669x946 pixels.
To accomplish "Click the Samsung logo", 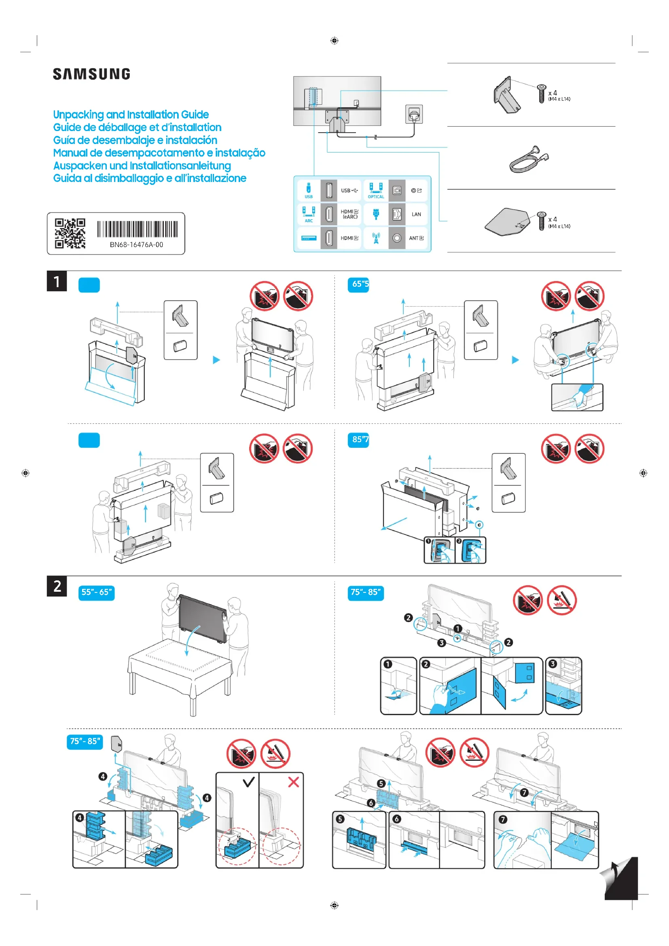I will [x=91, y=74].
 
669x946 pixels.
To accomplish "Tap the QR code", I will [x=70, y=233].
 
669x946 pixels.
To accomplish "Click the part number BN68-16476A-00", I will [x=136, y=245].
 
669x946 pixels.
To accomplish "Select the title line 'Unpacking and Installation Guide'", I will [x=131, y=114].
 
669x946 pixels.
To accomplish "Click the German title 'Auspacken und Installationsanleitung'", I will [x=142, y=166].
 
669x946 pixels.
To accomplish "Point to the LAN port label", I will [x=416, y=214].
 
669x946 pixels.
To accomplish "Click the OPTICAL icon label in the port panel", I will [x=376, y=197].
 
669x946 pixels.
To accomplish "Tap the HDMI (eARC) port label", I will [x=349, y=214].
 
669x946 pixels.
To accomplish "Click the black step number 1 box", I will [x=57, y=281].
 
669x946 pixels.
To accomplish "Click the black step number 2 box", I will [x=57, y=586].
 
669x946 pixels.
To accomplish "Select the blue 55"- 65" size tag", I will [x=96, y=593].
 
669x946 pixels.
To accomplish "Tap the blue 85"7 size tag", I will [x=358, y=440].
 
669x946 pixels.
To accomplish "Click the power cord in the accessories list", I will [x=529, y=159].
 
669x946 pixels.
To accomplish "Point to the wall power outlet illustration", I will [x=414, y=114].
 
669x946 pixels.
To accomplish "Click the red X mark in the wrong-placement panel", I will [x=293, y=782].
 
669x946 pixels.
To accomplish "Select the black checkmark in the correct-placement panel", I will [x=249, y=782].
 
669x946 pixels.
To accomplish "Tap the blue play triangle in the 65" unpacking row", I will [x=515, y=360].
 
